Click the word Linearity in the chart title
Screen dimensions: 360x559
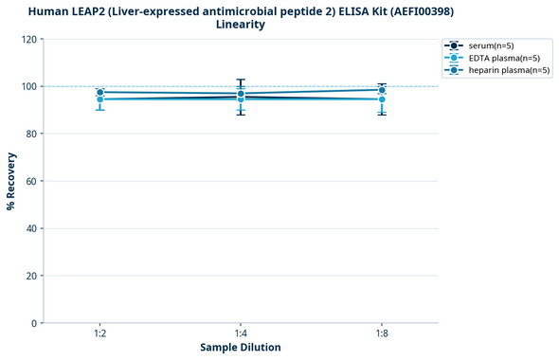(x=241, y=25)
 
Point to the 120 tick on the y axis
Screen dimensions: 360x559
(x=30, y=40)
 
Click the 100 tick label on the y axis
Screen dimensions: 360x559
(x=30, y=87)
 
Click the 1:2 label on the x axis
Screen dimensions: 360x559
(x=100, y=334)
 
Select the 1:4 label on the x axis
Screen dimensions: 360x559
(x=241, y=334)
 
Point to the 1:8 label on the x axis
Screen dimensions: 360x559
(x=381, y=334)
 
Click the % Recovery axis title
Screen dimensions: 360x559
(x=11, y=182)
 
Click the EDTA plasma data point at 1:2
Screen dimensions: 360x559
(x=100, y=99)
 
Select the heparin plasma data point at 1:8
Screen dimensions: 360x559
(x=381, y=90)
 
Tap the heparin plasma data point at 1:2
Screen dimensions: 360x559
(x=100, y=93)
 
